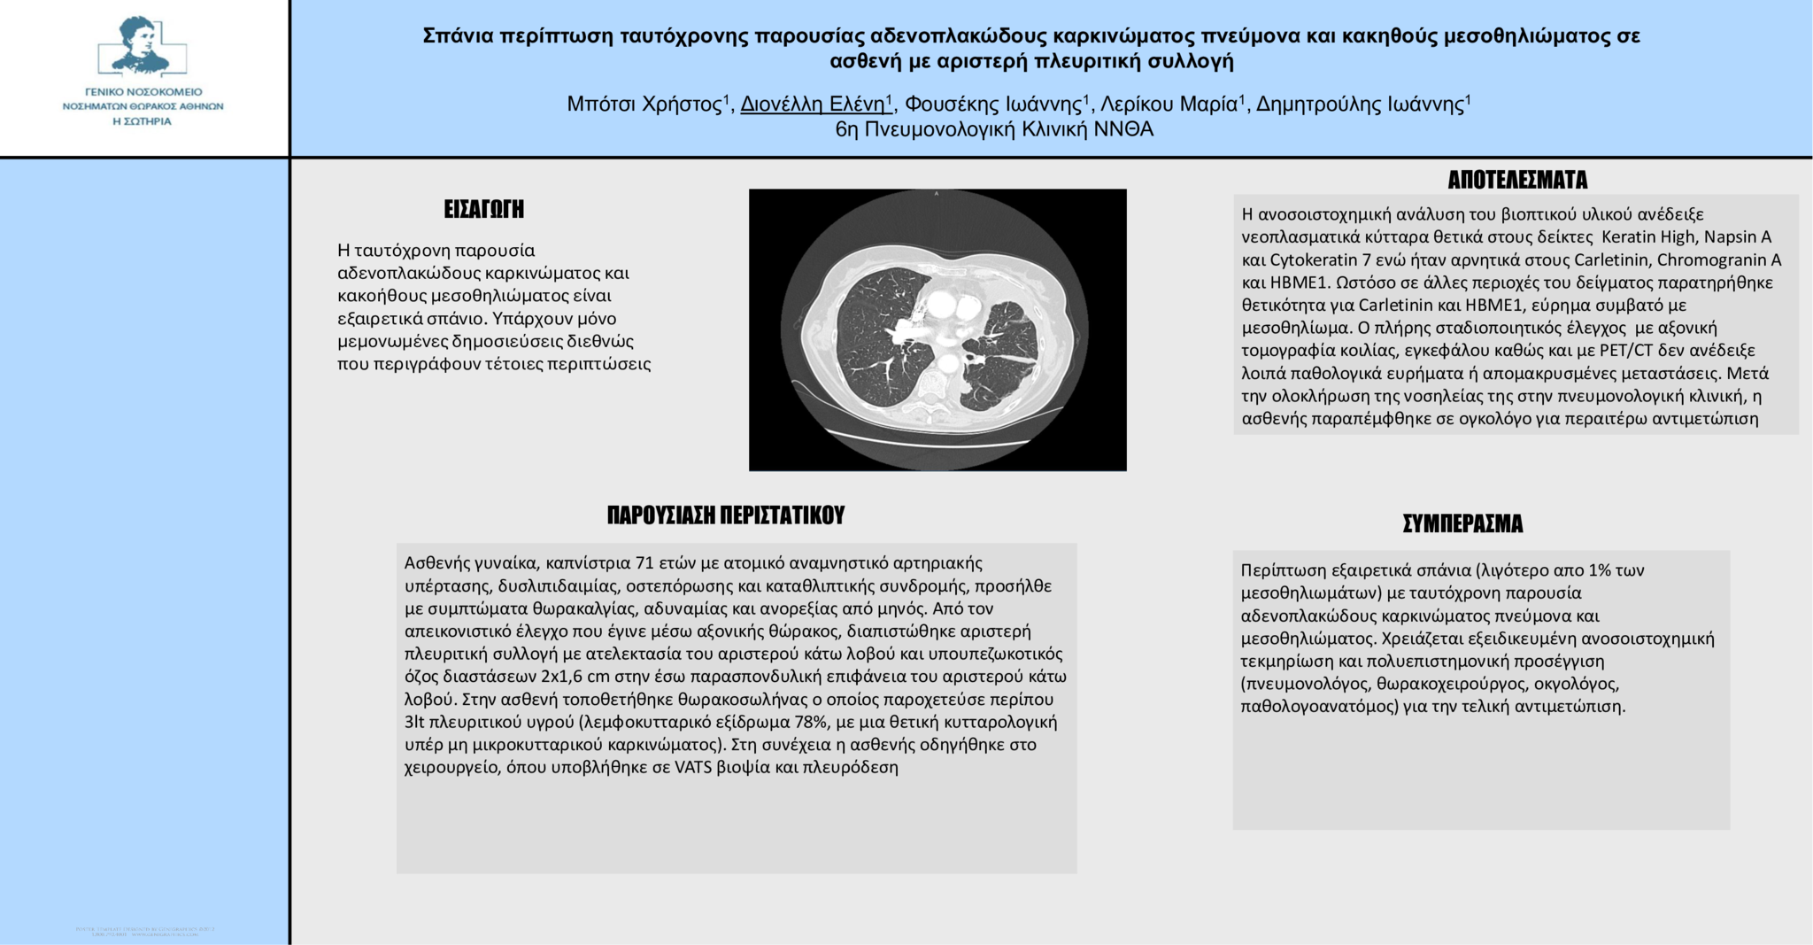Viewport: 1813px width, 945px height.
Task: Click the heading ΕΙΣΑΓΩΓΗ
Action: click(483, 209)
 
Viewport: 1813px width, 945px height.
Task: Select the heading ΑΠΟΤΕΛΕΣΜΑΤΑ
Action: click(1516, 180)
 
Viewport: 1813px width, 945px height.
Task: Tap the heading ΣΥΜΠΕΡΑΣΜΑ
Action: click(1462, 523)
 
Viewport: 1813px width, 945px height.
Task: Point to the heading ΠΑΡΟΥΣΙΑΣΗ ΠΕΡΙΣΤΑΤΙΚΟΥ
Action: click(726, 515)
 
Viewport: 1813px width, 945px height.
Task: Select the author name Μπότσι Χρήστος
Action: click(644, 105)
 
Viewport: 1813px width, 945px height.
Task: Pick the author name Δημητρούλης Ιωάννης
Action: click(1360, 105)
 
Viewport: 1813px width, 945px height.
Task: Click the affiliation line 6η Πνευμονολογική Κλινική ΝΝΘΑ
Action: click(994, 129)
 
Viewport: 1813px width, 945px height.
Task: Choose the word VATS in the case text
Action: click(693, 767)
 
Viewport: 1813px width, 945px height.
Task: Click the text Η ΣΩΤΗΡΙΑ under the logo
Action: click(142, 121)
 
